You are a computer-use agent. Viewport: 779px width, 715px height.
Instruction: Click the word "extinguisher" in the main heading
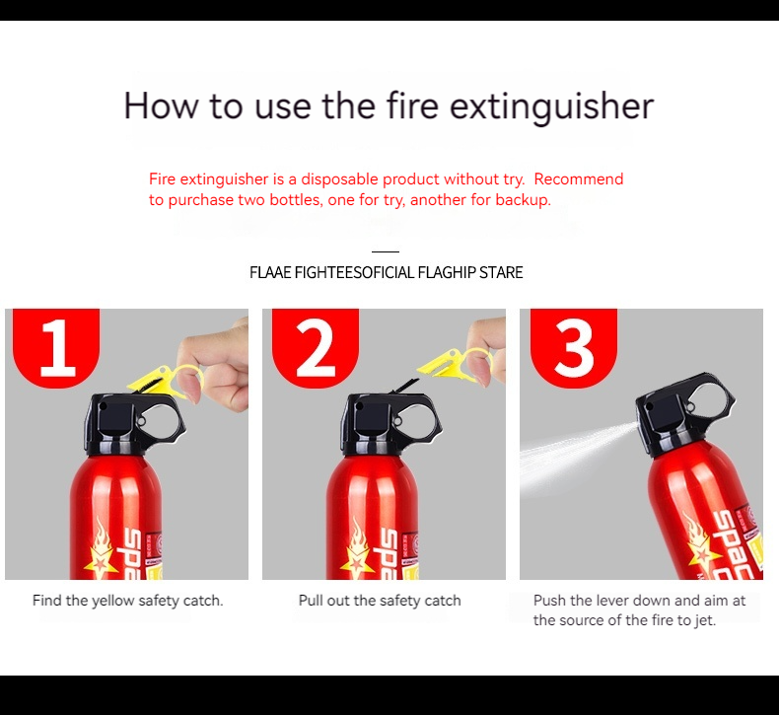tap(551, 106)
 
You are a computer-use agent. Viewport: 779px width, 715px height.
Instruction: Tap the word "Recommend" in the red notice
tap(578, 179)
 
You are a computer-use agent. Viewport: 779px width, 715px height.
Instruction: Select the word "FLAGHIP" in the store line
tap(447, 273)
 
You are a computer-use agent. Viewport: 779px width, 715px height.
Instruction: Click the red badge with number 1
tap(56, 347)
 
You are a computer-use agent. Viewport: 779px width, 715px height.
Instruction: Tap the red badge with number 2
tap(316, 347)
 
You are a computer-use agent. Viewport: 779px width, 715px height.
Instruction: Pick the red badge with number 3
tap(574, 347)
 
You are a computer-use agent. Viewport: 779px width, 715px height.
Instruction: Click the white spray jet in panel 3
tap(576, 458)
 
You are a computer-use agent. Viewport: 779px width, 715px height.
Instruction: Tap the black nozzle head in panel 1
tap(134, 423)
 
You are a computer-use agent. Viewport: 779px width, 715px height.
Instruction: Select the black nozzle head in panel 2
tap(391, 423)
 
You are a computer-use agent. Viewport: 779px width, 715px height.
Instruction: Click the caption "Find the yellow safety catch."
tap(127, 601)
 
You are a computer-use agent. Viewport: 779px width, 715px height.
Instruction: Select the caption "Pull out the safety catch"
tap(380, 601)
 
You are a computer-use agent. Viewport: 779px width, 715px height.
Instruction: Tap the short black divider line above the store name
tap(386, 251)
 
